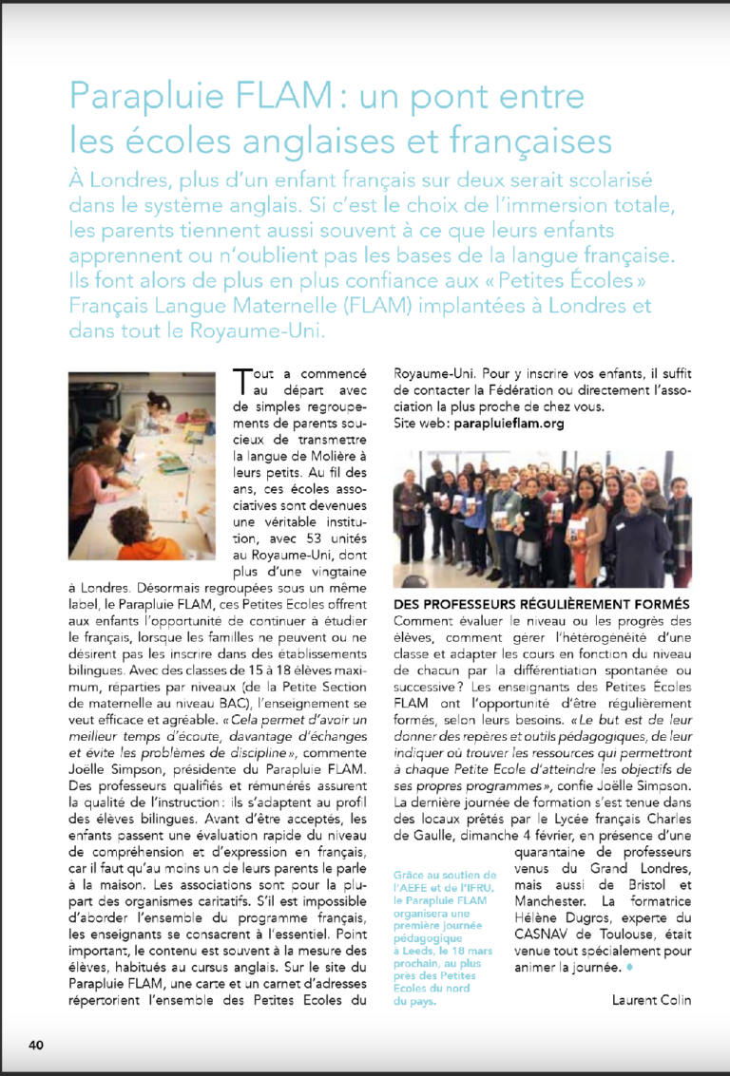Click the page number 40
[36, 1046]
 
